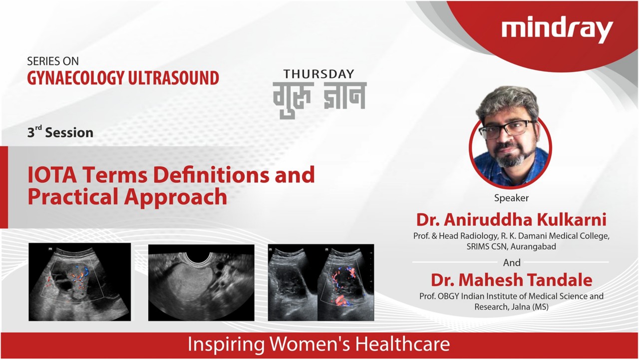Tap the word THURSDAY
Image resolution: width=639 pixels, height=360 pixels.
pos(319,74)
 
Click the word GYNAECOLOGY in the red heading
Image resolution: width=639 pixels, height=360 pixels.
pos(75,78)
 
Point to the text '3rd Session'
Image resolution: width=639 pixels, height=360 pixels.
pos(60,132)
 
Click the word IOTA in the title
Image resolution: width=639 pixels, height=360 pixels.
pos(52,175)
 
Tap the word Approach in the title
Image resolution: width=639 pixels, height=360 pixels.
pos(175,197)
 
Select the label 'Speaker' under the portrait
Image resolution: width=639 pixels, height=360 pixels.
pos(511,198)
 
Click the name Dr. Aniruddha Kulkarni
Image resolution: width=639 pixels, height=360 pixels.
pos(511,220)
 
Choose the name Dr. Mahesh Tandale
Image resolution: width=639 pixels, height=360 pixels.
pos(512,280)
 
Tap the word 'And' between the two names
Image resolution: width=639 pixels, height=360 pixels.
pos(512,263)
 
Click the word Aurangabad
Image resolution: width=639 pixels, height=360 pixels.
pos(533,247)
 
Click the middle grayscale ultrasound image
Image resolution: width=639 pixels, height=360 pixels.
pos(201,283)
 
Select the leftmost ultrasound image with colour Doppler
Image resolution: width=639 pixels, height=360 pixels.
pos(79,282)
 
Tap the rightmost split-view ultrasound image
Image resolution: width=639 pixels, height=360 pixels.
pos(321,283)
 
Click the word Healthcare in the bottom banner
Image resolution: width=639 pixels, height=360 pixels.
pos(402,344)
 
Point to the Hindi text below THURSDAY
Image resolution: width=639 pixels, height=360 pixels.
pos(319,99)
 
